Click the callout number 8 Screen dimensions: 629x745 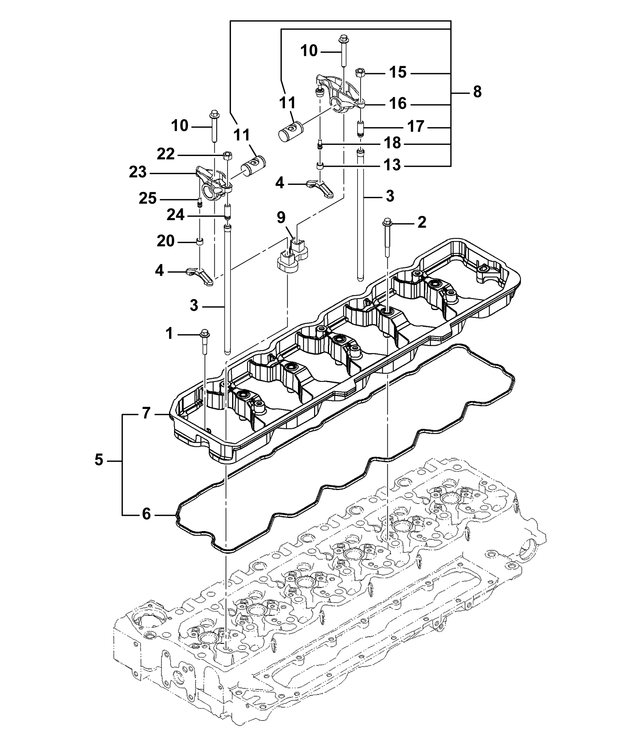477,93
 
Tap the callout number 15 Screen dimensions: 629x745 398,72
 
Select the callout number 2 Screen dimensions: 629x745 422,223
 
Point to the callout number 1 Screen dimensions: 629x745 169,334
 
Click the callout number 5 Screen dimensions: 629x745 99,460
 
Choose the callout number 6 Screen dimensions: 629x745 146,514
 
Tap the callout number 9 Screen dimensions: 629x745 281,217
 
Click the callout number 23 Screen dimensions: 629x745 138,173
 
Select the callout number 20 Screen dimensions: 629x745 166,241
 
